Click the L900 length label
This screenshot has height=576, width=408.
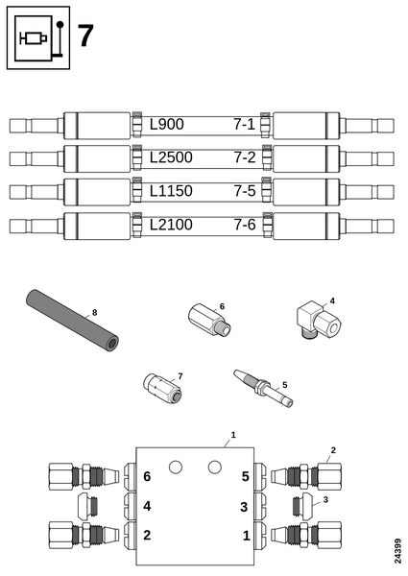(167, 125)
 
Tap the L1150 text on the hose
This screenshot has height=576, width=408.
(171, 191)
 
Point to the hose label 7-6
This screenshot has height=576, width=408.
(245, 225)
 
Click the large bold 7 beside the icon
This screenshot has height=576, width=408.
(85, 36)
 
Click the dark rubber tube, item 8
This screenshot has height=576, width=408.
(73, 321)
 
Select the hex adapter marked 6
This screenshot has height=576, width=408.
(209, 319)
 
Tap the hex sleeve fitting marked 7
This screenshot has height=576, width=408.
(162, 387)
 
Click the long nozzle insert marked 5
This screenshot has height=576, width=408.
(263, 389)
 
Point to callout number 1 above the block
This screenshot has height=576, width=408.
(233, 435)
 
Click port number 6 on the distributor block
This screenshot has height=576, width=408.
(147, 476)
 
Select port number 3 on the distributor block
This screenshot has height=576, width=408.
(244, 507)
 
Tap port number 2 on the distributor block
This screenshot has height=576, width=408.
(147, 536)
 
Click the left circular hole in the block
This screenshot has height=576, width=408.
(176, 468)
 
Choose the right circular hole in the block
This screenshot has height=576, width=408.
(215, 468)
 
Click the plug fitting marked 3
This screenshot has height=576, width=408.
(302, 506)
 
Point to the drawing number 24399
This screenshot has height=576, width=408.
(397, 551)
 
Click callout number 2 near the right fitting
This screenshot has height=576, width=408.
(333, 450)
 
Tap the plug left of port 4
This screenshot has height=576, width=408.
(88, 506)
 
